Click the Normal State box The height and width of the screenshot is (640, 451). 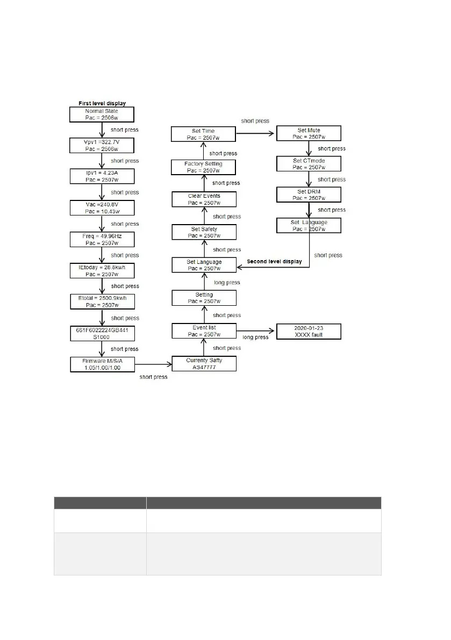(x=102, y=114)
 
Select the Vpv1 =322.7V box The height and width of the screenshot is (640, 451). (x=102, y=145)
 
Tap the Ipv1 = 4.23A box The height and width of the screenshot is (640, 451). (x=102, y=176)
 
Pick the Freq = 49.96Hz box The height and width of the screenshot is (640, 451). (x=102, y=239)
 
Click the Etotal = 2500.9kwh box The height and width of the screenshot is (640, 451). (x=102, y=301)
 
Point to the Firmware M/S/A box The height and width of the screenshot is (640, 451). (x=102, y=364)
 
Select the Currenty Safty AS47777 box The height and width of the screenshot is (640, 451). (x=204, y=364)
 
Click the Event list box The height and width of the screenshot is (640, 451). (x=204, y=330)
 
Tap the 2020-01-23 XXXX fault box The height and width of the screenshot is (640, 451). (x=309, y=330)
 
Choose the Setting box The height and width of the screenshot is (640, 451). (x=204, y=298)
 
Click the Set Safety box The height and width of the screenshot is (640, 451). (x=204, y=232)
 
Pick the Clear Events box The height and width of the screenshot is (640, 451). (x=204, y=199)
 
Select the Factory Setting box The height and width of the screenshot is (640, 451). (x=204, y=167)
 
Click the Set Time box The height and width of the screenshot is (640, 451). (x=204, y=134)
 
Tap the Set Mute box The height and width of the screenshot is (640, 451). (x=309, y=133)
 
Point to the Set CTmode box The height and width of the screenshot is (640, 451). (x=309, y=163)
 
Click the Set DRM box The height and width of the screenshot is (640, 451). (x=309, y=194)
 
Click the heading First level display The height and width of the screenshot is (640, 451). (x=102, y=103)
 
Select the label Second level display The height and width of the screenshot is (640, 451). (x=274, y=262)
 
